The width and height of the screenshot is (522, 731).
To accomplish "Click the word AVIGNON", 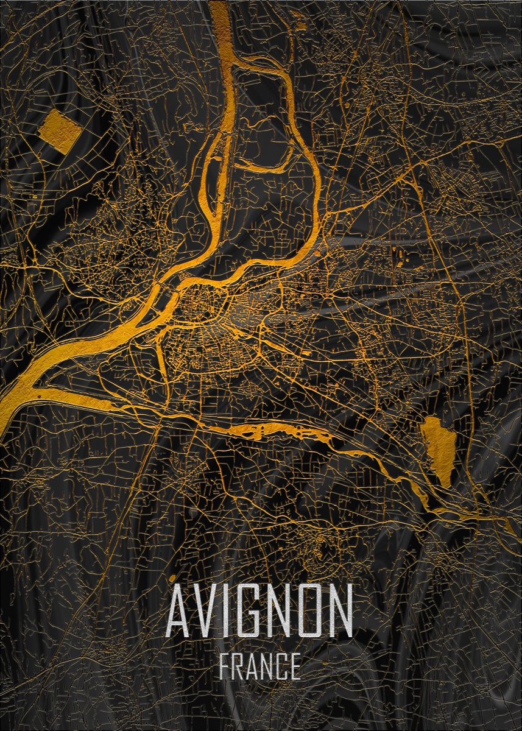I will (x=260, y=609).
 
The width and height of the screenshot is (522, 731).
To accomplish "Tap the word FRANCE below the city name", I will (x=260, y=666).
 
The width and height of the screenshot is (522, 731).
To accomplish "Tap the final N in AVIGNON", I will (x=342, y=609).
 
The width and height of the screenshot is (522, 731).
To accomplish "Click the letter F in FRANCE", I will (x=224, y=666).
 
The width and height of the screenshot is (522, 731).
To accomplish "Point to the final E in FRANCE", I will (x=295, y=666).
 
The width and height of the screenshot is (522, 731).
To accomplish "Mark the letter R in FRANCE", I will (x=238, y=666).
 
